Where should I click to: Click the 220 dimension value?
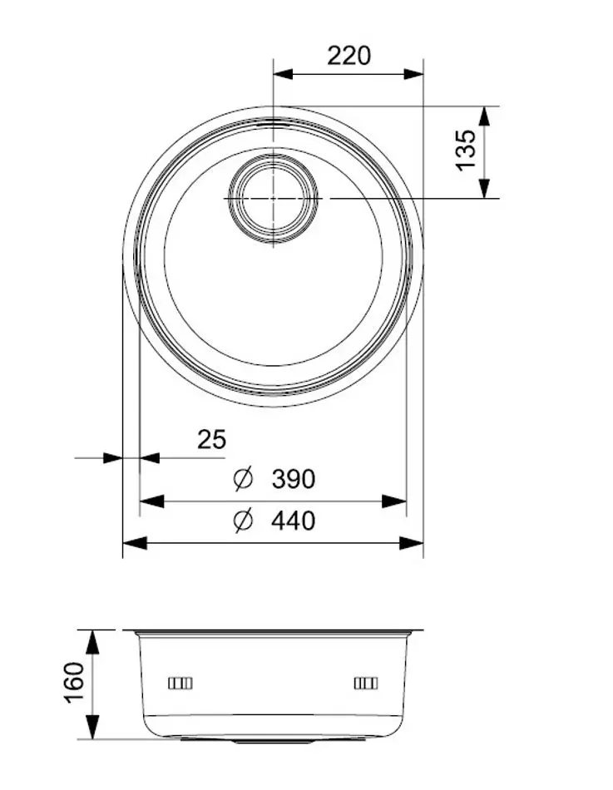[x=349, y=56]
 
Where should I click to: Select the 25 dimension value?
[x=211, y=438]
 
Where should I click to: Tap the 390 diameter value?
[x=293, y=479]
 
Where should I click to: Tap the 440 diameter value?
[x=293, y=521]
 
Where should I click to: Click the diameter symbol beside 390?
[x=243, y=479]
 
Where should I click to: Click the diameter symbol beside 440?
[x=243, y=521]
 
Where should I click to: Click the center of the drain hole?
[x=273, y=199]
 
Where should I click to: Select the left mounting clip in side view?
[x=180, y=684]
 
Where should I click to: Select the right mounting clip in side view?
[x=365, y=684]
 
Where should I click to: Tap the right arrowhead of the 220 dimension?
[x=413, y=74]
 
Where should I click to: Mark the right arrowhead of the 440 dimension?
[x=413, y=543]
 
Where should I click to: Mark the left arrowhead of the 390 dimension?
[x=151, y=501]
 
